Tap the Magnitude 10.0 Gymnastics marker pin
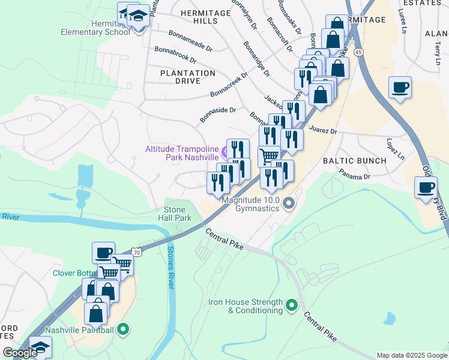(289, 205)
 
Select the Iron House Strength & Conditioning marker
(292, 306)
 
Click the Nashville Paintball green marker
(123, 329)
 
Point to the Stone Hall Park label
(178, 214)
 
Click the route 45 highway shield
(358, 53)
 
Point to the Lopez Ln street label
(396, 150)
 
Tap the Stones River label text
(170, 267)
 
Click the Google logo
(20, 353)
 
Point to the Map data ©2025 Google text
(411, 355)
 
